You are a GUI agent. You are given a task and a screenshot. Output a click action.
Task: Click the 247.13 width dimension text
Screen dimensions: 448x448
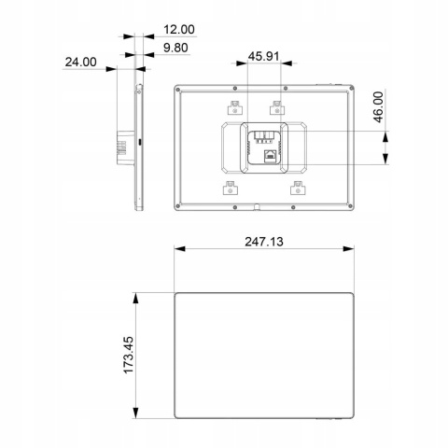[x=263, y=241]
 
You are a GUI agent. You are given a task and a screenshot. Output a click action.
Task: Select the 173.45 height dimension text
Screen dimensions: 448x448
[x=130, y=356]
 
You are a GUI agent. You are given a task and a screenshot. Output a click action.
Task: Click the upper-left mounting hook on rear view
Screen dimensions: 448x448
[x=235, y=105]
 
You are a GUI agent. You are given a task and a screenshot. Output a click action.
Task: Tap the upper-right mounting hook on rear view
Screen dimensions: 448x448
[x=275, y=105]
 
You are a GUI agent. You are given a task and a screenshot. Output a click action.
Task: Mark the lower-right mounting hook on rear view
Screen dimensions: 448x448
[x=298, y=189]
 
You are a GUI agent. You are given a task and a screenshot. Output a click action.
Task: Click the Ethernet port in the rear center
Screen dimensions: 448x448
[x=268, y=155]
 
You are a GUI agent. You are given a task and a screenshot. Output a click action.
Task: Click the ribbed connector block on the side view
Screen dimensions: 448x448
[x=120, y=144]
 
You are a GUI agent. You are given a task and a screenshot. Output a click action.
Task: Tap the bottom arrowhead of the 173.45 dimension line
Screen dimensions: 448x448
[x=139, y=416]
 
